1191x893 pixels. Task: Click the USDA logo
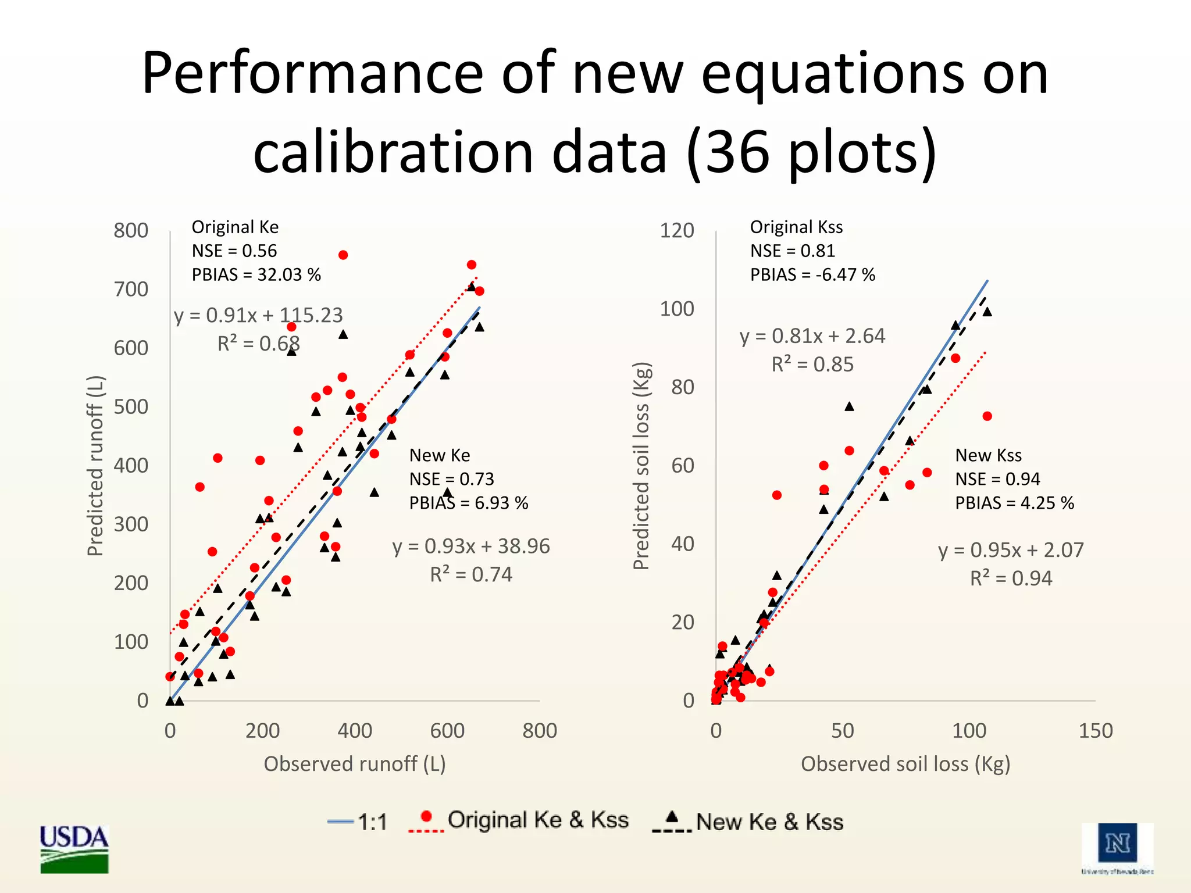coord(74,848)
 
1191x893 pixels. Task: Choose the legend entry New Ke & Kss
coord(749,821)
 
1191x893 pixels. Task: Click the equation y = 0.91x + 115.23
coord(258,315)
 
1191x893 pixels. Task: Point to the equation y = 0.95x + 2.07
coord(1011,550)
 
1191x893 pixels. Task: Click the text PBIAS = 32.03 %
coord(256,274)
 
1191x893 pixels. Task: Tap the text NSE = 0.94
coord(997,479)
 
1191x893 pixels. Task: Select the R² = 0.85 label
coord(812,365)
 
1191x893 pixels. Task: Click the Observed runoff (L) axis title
coord(355,763)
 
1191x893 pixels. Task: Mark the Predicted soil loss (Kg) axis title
coord(641,466)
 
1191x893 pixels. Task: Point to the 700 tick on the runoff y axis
coord(131,289)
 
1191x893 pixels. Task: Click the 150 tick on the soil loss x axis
coord(1095,730)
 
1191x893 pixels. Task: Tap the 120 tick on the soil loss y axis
coord(676,230)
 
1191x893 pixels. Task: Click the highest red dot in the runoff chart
coord(343,255)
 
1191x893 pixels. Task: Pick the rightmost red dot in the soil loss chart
coord(987,416)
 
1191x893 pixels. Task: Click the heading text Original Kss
coord(796,227)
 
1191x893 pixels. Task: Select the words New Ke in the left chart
coord(440,455)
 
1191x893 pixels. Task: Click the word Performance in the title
coord(312,74)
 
